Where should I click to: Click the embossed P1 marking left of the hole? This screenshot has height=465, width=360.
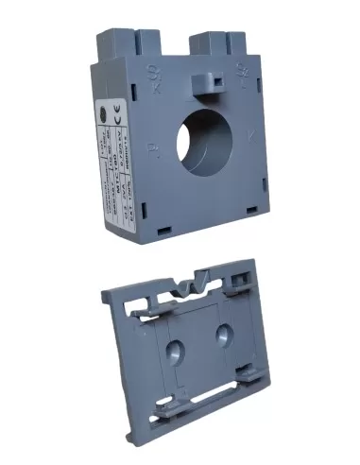coord(152,148)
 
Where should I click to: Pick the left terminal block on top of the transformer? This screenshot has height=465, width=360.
coord(124,43)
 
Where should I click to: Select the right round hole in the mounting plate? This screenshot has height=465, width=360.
coord(225,335)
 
